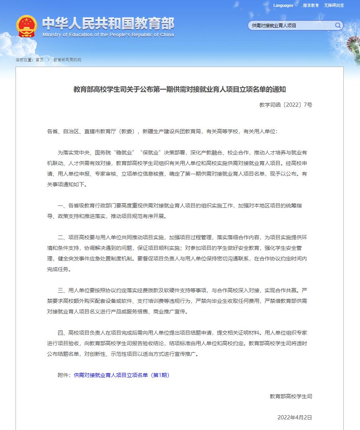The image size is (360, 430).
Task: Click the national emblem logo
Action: [27, 26]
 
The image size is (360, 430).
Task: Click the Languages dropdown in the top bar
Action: [285, 5]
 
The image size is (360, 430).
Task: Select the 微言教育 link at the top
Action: [311, 5]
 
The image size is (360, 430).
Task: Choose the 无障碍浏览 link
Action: [334, 5]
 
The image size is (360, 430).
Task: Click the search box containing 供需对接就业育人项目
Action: [292, 25]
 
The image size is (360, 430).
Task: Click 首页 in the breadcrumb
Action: [39, 60]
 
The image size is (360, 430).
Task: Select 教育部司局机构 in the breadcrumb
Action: [67, 60]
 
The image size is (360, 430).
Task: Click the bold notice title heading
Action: [179, 90]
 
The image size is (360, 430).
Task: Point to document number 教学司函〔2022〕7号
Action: [286, 105]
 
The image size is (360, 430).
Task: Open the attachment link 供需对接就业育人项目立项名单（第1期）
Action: [121, 375]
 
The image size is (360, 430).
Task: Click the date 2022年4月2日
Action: [295, 418]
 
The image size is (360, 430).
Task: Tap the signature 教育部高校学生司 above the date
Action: [291, 396]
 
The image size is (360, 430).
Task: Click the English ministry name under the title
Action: [108, 35]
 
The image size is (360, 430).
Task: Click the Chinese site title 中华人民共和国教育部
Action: [108, 24]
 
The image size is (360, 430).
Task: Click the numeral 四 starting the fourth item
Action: [60, 333]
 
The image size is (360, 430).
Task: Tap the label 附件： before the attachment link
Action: [64, 375]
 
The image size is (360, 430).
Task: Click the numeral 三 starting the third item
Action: [60, 291]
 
